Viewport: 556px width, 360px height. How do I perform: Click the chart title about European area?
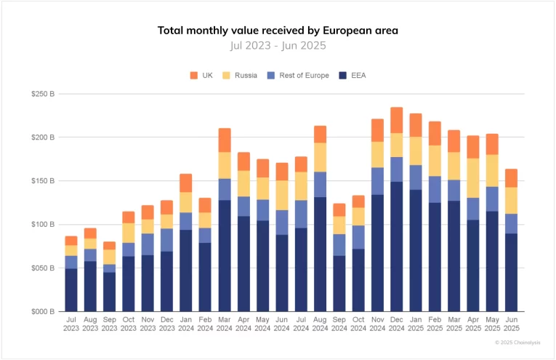click(x=278, y=31)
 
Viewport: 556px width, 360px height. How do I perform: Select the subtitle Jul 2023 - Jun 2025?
click(x=278, y=45)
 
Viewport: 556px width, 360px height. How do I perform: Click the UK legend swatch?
click(x=194, y=76)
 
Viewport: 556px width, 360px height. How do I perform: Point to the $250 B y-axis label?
click(x=44, y=94)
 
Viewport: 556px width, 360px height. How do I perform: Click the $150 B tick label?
click(x=44, y=181)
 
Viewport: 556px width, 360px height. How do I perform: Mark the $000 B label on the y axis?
click(x=44, y=312)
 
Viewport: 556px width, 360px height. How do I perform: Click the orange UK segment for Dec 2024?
click(x=396, y=120)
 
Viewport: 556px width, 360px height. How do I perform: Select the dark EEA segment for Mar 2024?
click(x=225, y=255)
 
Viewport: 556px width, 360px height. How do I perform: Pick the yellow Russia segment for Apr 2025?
click(x=473, y=178)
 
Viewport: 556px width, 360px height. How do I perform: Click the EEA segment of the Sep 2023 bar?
click(x=109, y=292)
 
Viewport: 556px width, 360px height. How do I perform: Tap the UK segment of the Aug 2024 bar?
click(x=320, y=134)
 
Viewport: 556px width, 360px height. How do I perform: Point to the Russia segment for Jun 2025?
click(x=512, y=200)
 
